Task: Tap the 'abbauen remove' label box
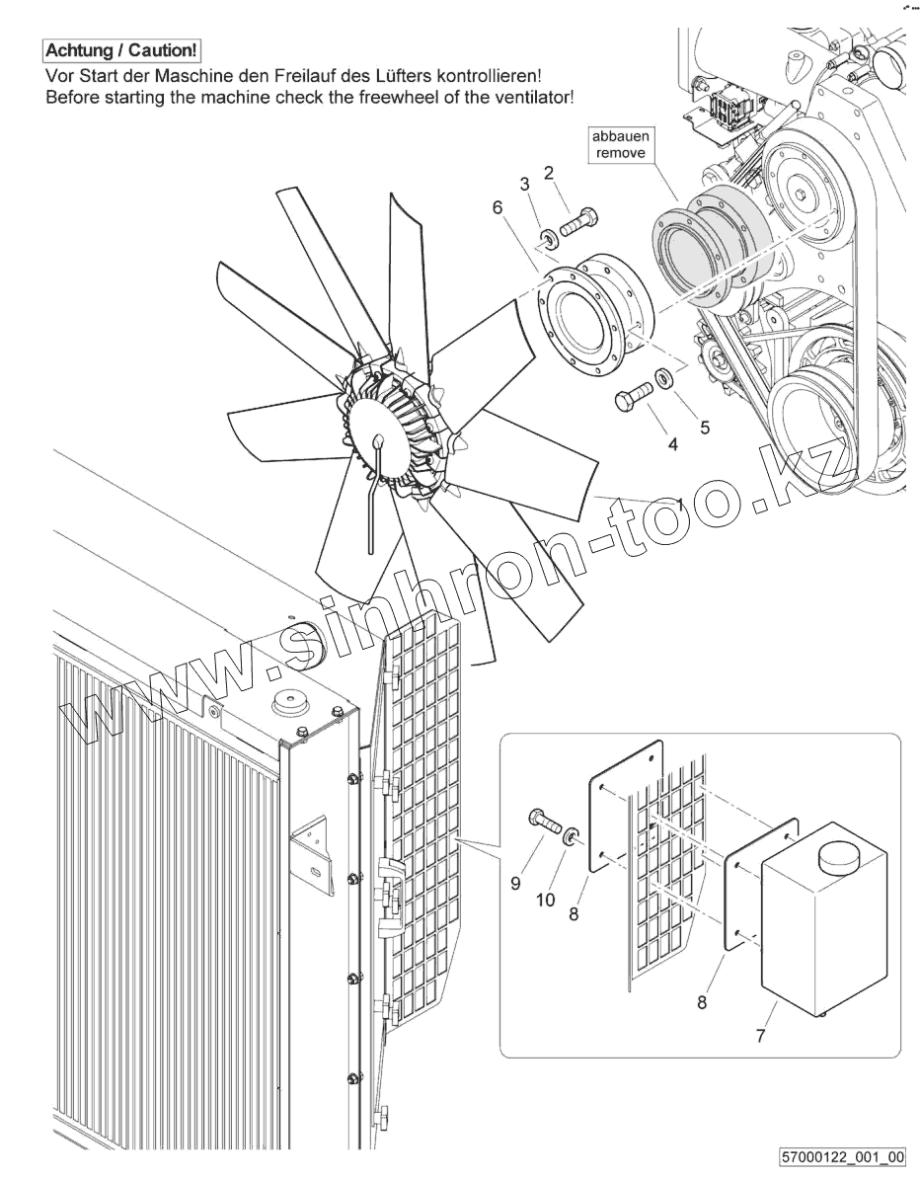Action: coord(620,145)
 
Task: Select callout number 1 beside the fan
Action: coord(680,503)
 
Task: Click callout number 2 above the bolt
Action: coord(549,173)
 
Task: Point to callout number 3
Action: coord(525,184)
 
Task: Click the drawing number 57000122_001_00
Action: coord(841,1156)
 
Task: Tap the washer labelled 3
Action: coord(546,238)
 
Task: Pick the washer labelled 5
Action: coord(663,378)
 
